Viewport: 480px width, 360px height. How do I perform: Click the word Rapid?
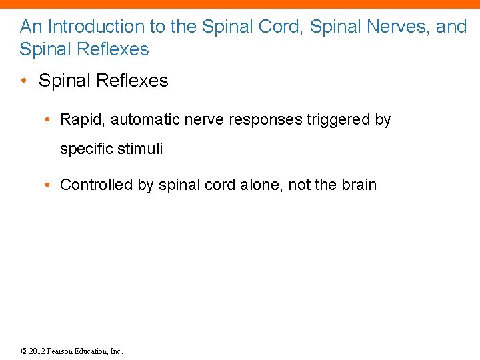pyautogui.click(x=82, y=120)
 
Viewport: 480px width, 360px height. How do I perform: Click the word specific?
pyautogui.click(x=85, y=149)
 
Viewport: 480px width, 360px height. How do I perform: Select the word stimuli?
pyautogui.click(x=139, y=149)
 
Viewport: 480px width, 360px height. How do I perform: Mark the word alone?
pyautogui.click(x=261, y=185)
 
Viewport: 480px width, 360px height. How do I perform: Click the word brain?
pyautogui.click(x=359, y=185)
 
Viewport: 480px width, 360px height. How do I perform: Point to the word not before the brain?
pyautogui.click(x=299, y=185)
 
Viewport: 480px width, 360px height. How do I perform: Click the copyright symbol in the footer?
pyautogui.click(x=24, y=351)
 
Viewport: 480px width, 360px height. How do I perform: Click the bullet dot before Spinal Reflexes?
pyautogui.click(x=24, y=82)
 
